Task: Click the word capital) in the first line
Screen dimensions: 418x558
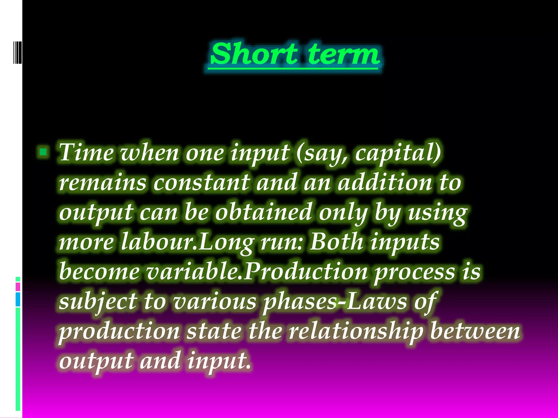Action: click(x=398, y=153)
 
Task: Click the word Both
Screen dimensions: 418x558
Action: click(x=337, y=241)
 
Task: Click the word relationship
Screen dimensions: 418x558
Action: click(x=356, y=331)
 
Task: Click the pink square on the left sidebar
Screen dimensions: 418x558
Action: click(x=18, y=287)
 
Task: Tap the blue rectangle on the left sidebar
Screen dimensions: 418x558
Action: click(x=18, y=299)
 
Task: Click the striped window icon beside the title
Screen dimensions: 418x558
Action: click(x=17, y=52)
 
